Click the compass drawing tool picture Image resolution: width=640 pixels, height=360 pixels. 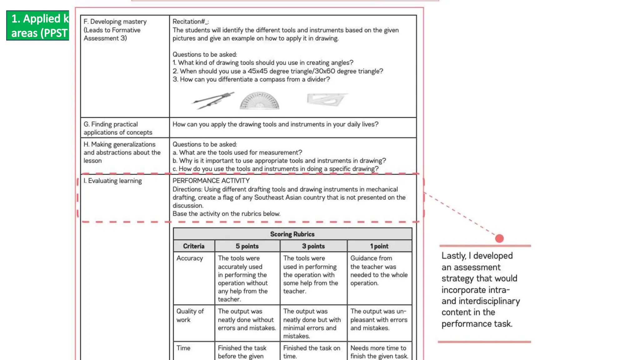point(213,101)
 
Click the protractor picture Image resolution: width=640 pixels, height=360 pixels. point(259,101)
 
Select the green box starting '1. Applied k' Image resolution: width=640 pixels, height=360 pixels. point(38,26)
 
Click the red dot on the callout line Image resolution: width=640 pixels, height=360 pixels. point(499,238)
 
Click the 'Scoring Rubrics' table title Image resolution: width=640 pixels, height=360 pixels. point(292,234)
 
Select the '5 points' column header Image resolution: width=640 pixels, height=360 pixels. point(247,246)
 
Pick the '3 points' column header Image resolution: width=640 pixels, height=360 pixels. point(313,246)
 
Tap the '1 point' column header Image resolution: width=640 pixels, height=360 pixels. point(379,246)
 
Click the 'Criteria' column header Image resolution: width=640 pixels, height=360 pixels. point(194,246)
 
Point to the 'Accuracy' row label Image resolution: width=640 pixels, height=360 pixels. point(190,258)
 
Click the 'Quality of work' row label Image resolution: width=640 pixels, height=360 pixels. point(190,315)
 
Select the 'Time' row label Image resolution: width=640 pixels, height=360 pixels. point(183,348)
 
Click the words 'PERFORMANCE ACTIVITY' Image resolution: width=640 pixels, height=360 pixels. point(211,181)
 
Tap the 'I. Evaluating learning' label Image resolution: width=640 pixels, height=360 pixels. point(112,181)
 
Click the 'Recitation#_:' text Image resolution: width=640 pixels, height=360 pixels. point(191,22)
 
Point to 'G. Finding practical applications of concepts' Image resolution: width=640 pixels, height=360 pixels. point(118,128)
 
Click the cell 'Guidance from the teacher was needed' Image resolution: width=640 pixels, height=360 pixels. point(379,271)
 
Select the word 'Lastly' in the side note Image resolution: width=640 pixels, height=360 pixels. point(453,256)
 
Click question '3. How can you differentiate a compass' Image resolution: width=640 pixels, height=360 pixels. point(251,79)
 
